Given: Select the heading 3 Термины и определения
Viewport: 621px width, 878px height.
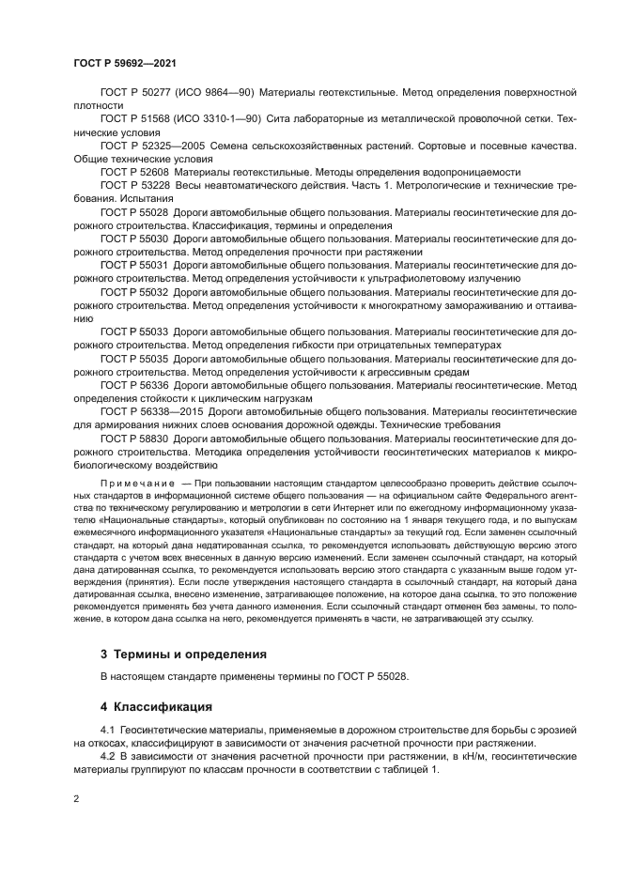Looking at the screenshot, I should [183, 653].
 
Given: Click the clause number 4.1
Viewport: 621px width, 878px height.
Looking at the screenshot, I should [107, 730].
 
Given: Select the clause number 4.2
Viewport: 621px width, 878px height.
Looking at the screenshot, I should [107, 756].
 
